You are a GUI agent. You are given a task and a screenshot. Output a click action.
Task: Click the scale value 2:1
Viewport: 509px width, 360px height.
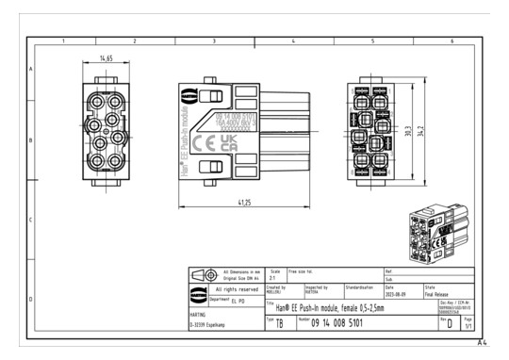(273, 279)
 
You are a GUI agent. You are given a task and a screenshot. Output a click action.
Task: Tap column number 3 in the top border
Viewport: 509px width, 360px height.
(214, 41)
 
